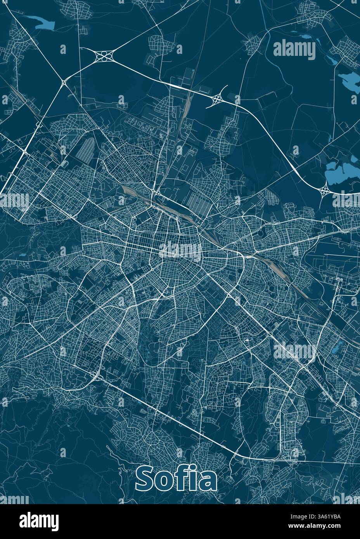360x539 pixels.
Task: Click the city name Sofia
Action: pos(176,479)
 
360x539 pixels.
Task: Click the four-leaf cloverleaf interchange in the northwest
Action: pos(104,57)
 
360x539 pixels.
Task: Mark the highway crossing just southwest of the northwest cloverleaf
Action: pos(64,82)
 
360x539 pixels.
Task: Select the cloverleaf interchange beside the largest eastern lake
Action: pos(324,190)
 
